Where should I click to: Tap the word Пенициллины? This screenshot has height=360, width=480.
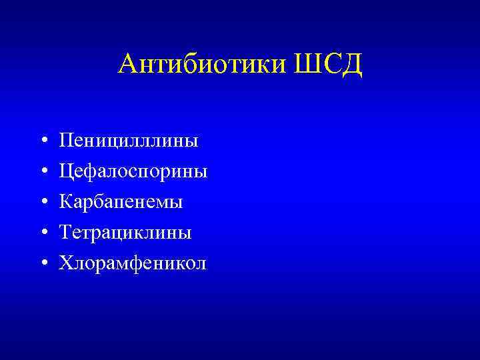pos(128,141)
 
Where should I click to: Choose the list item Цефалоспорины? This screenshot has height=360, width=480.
pos(133,171)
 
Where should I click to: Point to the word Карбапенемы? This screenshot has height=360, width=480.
pos(121,201)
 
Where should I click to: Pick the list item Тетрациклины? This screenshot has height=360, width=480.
pos(125,232)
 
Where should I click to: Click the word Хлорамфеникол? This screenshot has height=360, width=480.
pos(133,263)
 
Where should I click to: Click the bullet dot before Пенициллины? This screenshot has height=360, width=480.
pos(43,141)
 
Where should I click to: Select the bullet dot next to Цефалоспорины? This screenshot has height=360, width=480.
pos(43,172)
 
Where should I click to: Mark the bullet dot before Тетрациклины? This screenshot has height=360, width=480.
pos(43,233)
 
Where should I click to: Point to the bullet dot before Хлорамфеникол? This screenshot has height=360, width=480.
pos(43,264)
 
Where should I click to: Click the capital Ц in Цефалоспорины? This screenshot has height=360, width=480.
pos(67,171)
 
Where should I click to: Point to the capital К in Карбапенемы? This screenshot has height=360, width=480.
pos(66,201)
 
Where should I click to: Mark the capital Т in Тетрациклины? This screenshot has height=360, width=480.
pos(65,232)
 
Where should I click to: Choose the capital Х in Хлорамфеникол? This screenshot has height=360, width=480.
pos(66,263)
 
